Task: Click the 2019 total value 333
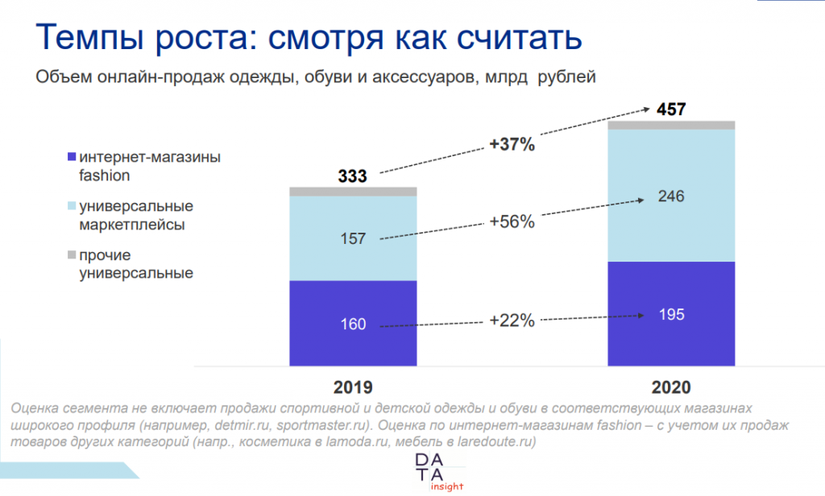pyautogui.click(x=353, y=176)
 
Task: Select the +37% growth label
pyautogui.click(x=512, y=145)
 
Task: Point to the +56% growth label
pyautogui.click(x=512, y=221)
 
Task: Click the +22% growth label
pyautogui.click(x=512, y=320)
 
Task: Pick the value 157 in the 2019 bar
pyautogui.click(x=353, y=238)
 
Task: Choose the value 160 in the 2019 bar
pyautogui.click(x=353, y=324)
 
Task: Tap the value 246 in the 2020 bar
pyautogui.click(x=670, y=196)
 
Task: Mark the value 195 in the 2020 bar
pyautogui.click(x=670, y=315)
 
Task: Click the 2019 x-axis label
pyautogui.click(x=353, y=385)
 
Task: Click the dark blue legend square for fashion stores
pyautogui.click(x=73, y=157)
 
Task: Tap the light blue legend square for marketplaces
pyautogui.click(x=73, y=206)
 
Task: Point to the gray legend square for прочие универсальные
pyautogui.click(x=73, y=256)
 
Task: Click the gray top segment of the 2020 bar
pyautogui.click(x=671, y=125)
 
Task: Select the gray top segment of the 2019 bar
pyautogui.click(x=353, y=192)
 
